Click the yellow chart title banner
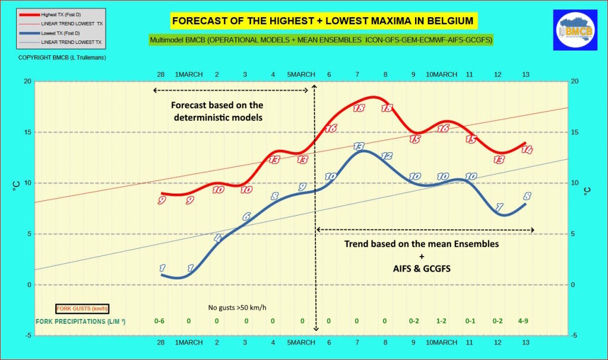[x=322, y=21]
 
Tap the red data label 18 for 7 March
[x=359, y=108]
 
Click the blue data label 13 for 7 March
[x=359, y=146]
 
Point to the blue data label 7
[x=499, y=207]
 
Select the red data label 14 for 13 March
[x=526, y=150]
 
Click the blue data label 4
[x=217, y=238]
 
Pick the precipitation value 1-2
[x=442, y=321]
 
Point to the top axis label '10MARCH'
[x=442, y=74]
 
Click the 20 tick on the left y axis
[x=26, y=81]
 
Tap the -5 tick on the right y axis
[x=574, y=336]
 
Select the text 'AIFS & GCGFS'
[x=422, y=269]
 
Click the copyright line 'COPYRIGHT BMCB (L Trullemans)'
[x=51, y=57]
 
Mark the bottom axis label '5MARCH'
[x=301, y=343]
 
